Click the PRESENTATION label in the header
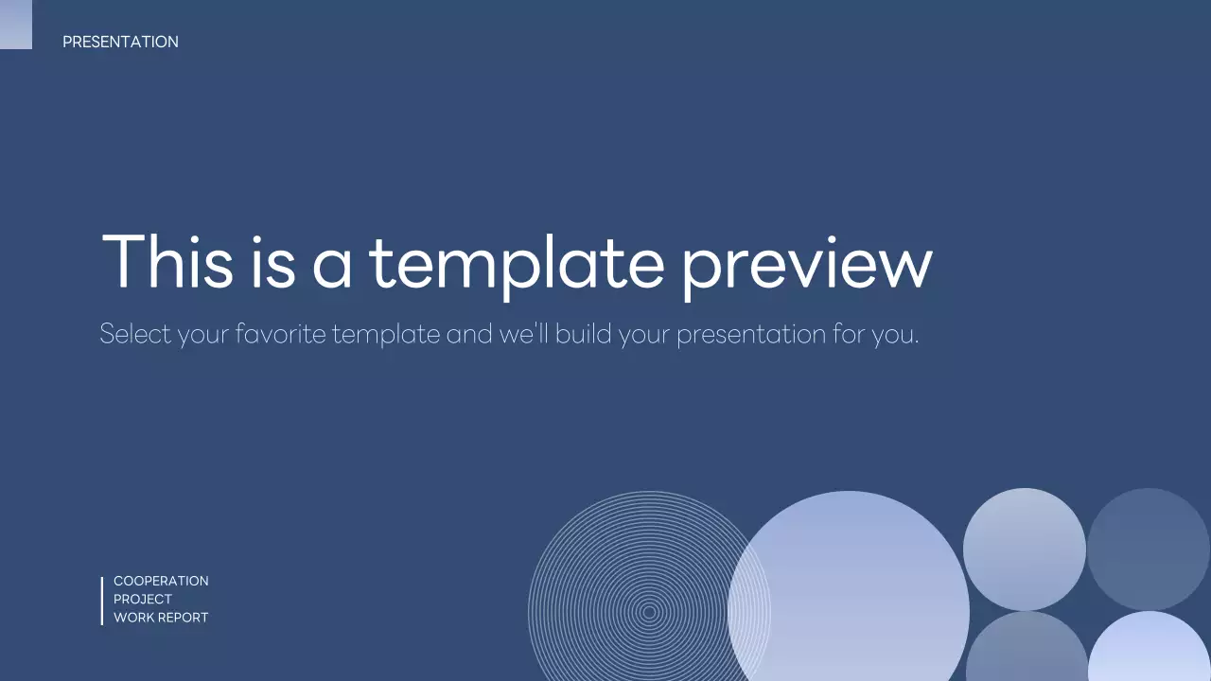coord(120,42)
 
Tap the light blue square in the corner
coord(15,24)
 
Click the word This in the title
coord(167,261)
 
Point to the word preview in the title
coord(806,265)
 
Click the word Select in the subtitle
coord(135,334)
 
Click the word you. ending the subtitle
coord(895,335)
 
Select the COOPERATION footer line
coord(161,581)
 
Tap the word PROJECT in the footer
coord(143,599)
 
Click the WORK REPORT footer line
coord(161,618)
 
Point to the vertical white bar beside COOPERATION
coord(102,601)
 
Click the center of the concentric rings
coord(649,612)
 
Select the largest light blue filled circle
coord(849,596)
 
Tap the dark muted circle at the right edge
coord(1149,549)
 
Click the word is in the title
coord(272,261)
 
